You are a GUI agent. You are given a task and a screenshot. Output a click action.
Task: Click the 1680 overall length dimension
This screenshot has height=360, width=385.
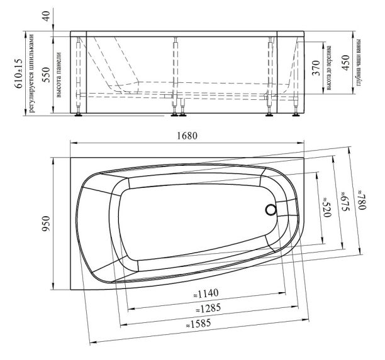pos(187,136)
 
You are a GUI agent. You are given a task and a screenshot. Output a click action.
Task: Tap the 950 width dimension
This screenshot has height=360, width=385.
pos(46,224)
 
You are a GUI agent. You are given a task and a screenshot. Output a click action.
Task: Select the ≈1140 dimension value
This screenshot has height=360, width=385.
pos(206,293)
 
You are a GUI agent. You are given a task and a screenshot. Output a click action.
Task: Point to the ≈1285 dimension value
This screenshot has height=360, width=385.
pos(208,308)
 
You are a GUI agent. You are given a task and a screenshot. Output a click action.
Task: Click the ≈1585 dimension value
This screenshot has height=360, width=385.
pos(198,324)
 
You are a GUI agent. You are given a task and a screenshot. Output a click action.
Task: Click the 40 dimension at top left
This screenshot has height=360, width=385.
pos(46,16)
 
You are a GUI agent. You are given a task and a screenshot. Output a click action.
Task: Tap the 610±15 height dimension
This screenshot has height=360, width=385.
pos(19,74)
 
